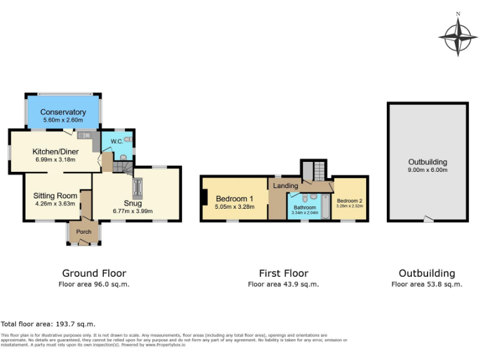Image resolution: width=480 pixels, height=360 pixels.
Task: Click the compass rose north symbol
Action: (458, 14)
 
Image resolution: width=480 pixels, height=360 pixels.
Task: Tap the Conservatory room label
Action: (64, 112)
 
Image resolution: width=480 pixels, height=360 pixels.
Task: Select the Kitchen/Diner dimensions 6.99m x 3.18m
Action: (54, 159)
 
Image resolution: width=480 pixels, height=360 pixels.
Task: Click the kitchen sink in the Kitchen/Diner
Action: (86, 134)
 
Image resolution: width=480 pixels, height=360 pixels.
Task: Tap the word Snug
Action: (132, 203)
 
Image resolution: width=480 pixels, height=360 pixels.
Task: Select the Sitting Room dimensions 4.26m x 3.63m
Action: (55, 203)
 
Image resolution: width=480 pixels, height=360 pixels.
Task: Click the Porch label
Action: (83, 232)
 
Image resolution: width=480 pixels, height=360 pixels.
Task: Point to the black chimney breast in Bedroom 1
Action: (204, 199)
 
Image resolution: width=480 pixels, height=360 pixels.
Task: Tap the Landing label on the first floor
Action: (286, 186)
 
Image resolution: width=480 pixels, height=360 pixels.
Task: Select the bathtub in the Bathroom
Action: (325, 207)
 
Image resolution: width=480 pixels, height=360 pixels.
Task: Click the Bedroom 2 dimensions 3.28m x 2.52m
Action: (349, 206)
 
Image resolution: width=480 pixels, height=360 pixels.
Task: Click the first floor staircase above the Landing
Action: (312, 171)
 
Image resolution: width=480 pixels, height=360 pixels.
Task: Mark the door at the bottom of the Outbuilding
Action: (427, 219)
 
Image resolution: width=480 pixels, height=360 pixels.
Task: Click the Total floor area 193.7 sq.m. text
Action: (48, 324)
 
